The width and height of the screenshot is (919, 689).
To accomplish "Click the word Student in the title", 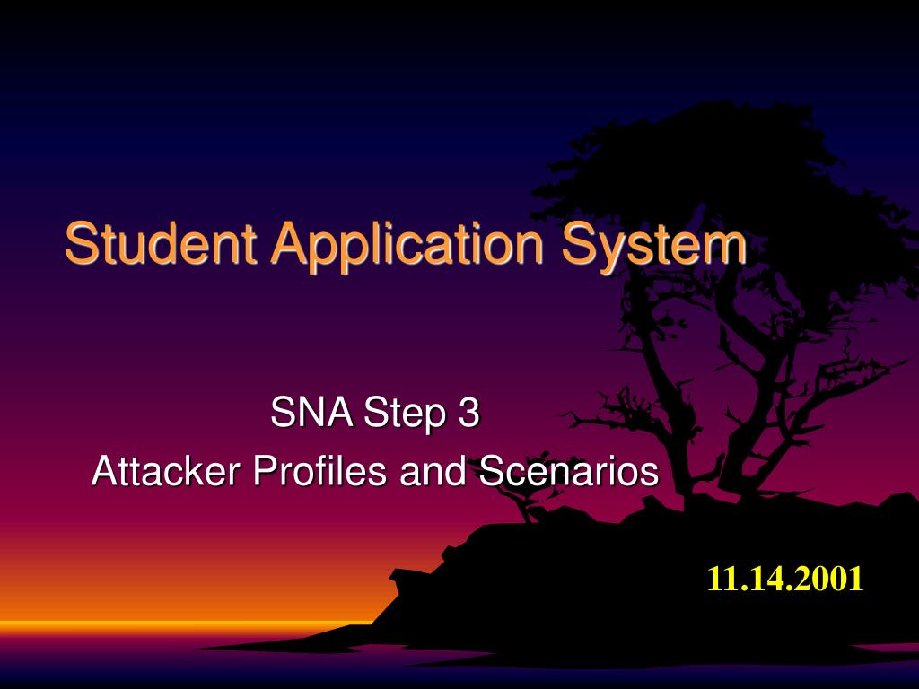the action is tap(160, 242).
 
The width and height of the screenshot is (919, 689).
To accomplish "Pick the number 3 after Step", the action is tap(468, 412).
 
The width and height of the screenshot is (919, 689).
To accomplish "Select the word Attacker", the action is tap(166, 470).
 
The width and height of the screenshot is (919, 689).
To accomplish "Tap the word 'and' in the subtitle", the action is tap(433, 470).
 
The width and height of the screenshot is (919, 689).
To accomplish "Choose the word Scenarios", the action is tap(568, 470).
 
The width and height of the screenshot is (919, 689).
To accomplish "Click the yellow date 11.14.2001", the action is tap(784, 579).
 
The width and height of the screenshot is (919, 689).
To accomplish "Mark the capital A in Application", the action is tap(292, 242).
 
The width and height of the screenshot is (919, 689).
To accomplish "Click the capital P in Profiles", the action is tap(265, 470).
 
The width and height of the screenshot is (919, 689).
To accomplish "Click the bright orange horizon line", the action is tap(188, 625).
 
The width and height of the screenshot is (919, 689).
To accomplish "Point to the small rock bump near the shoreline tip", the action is tap(406, 577).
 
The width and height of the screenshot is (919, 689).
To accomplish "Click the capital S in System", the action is tap(579, 242).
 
